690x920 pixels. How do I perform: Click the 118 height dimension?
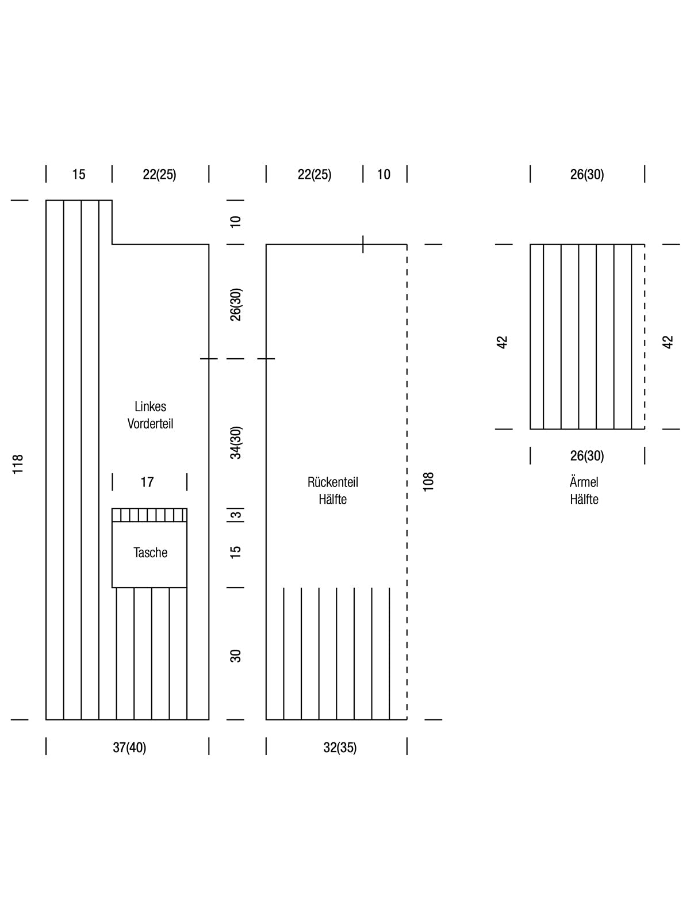coord(18,464)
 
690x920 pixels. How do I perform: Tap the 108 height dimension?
coord(428,482)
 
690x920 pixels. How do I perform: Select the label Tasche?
coord(151,553)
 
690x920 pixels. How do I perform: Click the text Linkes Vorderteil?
coord(151,415)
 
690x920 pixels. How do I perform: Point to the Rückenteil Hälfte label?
coord(333,491)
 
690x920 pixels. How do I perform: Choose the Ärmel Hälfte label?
coord(584,491)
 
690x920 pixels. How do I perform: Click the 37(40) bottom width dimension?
coord(129,747)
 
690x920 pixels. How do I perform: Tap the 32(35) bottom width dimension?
coord(340,747)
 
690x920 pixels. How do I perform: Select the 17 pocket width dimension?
coord(147,482)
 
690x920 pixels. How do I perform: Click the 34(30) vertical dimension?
coord(236,443)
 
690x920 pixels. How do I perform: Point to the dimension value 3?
coord(236,514)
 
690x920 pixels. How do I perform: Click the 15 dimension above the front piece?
coord(78,174)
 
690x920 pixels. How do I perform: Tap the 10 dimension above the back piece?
coord(384,174)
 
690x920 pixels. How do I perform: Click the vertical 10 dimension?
coord(236,222)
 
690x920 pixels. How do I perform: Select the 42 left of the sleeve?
coord(502,342)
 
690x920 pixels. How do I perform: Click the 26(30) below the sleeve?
coord(587,455)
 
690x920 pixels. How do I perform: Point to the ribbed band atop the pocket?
coord(149,515)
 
